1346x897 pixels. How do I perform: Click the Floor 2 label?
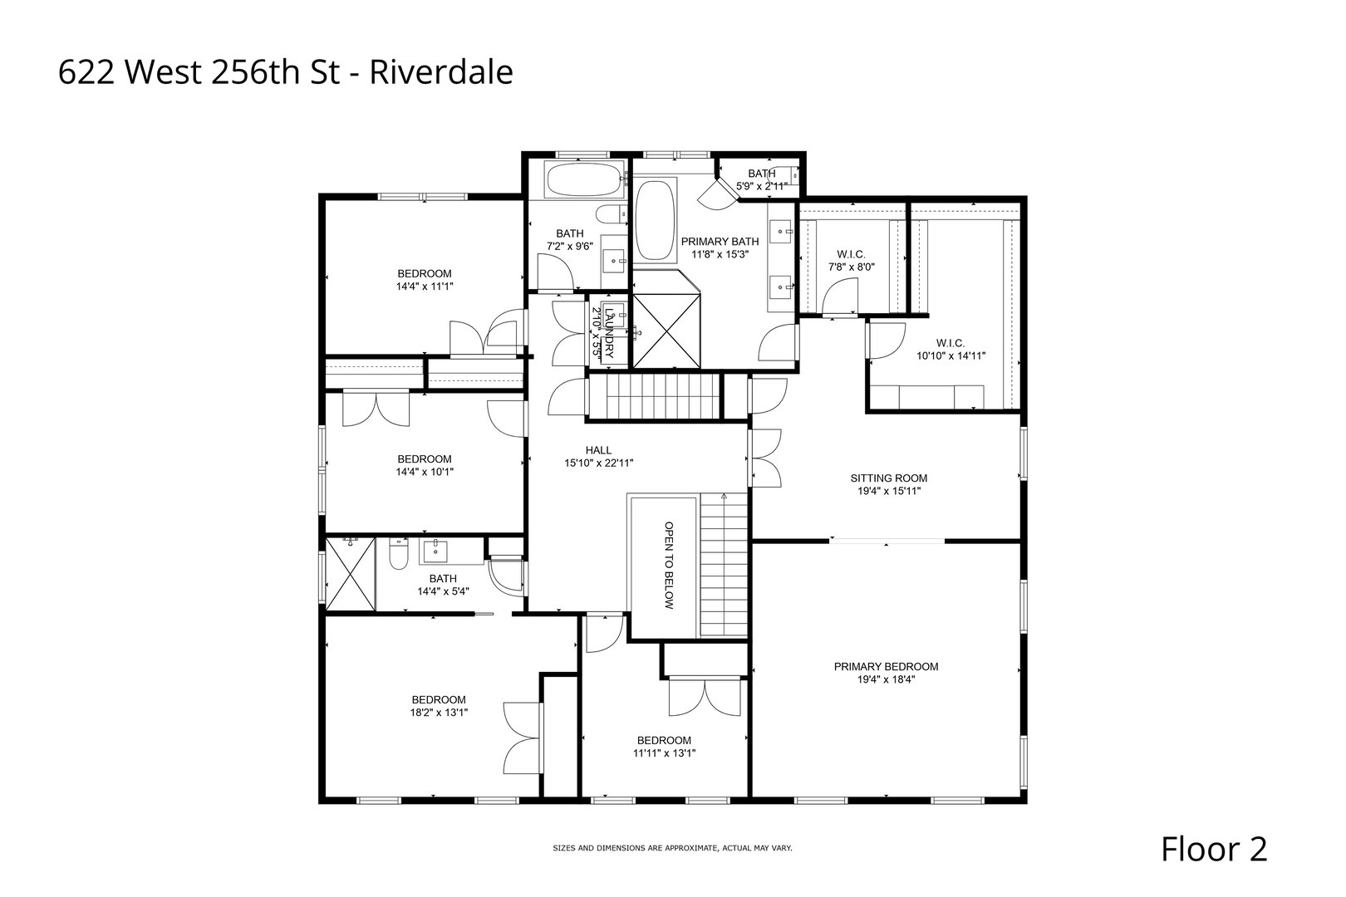tap(1213, 850)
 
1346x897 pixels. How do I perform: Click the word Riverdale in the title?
tap(440, 73)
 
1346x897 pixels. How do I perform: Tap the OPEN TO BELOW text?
tap(667, 566)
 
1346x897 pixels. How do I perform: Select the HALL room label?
tap(598, 450)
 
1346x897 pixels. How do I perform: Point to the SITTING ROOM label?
tap(888, 478)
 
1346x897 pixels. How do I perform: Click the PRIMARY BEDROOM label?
tap(886, 666)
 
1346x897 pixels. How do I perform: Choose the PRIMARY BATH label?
tap(715, 242)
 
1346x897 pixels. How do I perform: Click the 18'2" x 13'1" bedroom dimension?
tap(439, 713)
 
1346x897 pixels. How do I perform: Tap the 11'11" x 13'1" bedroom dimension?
tap(663, 754)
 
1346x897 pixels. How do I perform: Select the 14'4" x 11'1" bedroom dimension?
tap(424, 287)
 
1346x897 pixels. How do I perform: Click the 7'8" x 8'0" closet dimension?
tap(852, 267)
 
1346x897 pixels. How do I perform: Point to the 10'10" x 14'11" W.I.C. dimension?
tap(951, 355)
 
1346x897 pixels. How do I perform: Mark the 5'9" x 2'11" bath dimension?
tap(762, 187)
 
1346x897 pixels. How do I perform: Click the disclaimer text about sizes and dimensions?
tap(672, 848)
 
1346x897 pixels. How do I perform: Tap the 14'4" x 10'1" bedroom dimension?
tap(424, 472)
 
